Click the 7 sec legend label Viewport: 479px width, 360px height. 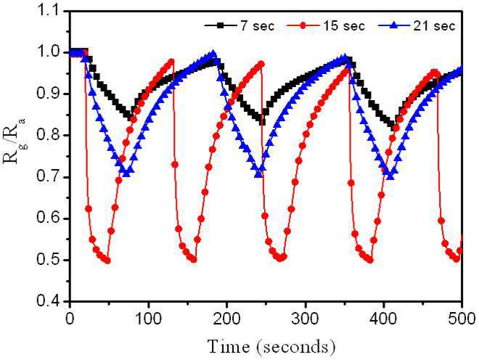pyautogui.click(x=256, y=26)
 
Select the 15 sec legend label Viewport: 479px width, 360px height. pyautogui.click(x=344, y=26)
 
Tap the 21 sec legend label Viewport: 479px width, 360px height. pyautogui.click(x=434, y=26)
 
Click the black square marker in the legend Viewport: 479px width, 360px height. pyautogui.click(x=220, y=26)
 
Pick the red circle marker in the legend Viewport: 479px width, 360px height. pyautogui.click(x=303, y=26)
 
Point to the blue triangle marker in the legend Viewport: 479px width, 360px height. pyautogui.click(x=393, y=26)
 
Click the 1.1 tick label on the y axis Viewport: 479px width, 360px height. pyautogui.click(x=49, y=12)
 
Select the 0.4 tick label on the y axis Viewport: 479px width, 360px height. pyautogui.click(x=49, y=301)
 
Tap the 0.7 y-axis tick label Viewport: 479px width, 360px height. pyautogui.click(x=49, y=177)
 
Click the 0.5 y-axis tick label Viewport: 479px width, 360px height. pyautogui.click(x=49, y=260)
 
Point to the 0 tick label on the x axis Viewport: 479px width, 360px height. pyautogui.click(x=70, y=319)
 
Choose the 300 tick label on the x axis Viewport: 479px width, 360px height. pyautogui.click(x=305, y=319)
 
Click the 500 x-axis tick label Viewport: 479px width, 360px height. pyautogui.click(x=462, y=319)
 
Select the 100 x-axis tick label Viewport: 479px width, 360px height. pyautogui.click(x=149, y=319)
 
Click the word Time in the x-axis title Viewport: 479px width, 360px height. pyautogui.click(x=229, y=346)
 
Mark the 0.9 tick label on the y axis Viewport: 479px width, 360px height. pyautogui.click(x=49, y=94)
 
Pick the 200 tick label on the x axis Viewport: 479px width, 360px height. pyautogui.click(x=226, y=319)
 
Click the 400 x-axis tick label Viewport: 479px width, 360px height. pyautogui.click(x=384, y=319)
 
